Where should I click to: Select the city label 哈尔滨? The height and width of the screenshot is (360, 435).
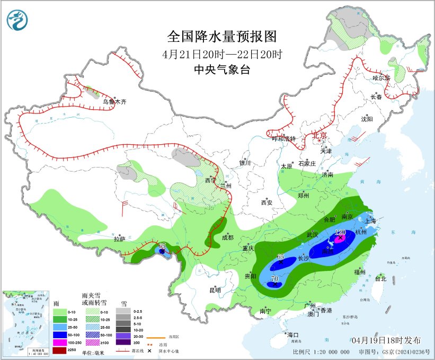pyautogui.click(x=381, y=78)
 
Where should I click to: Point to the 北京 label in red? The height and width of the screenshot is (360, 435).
pyautogui.click(x=321, y=136)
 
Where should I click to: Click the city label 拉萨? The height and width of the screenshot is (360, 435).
pyautogui.click(x=120, y=239)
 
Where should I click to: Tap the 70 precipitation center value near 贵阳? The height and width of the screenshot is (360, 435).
pyautogui.click(x=274, y=278)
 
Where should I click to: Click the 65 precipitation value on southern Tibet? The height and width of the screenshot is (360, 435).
pyautogui.click(x=162, y=245)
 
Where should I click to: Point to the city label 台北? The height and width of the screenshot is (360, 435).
pyautogui.click(x=380, y=278)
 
